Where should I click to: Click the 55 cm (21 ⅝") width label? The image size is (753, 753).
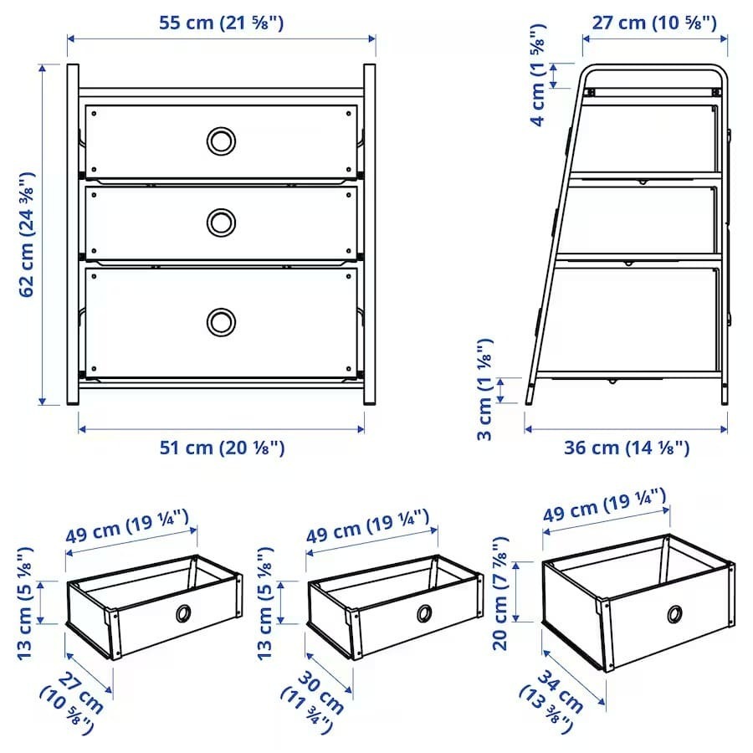[x=222, y=23]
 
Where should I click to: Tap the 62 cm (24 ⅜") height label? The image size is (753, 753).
[x=27, y=234]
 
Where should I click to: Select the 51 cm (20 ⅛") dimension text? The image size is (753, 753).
[x=222, y=448]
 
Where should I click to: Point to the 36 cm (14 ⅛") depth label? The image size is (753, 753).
[x=627, y=448]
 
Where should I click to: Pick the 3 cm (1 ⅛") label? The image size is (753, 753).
[x=485, y=389]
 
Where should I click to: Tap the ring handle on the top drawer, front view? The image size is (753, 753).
[x=221, y=141]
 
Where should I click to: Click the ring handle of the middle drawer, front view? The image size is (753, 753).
[x=221, y=222]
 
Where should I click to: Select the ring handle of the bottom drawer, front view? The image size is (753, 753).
[x=221, y=321]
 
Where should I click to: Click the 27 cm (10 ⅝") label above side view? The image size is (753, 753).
[x=654, y=23]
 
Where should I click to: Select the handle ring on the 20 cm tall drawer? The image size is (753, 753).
[x=674, y=615]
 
